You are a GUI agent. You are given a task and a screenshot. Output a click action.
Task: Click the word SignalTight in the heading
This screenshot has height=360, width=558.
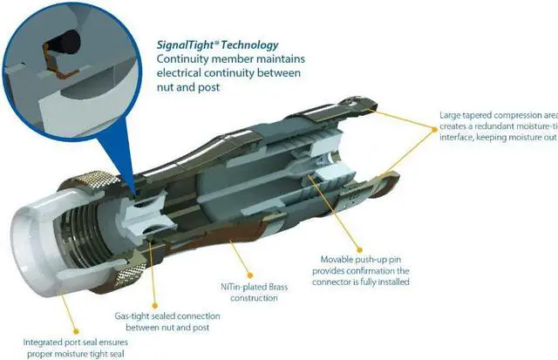tap(188, 44)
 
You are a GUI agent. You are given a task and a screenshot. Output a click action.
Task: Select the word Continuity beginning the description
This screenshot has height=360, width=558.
tap(183, 58)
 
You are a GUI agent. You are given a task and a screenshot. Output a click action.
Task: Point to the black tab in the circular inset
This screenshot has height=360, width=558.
tap(65, 40)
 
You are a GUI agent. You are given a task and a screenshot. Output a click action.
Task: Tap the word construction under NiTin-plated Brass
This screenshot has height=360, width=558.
tap(248, 298)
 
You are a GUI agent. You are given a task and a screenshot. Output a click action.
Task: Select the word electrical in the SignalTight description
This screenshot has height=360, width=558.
tap(180, 72)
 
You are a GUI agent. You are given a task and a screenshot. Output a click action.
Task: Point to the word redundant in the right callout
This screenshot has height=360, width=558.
tap(493, 126)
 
